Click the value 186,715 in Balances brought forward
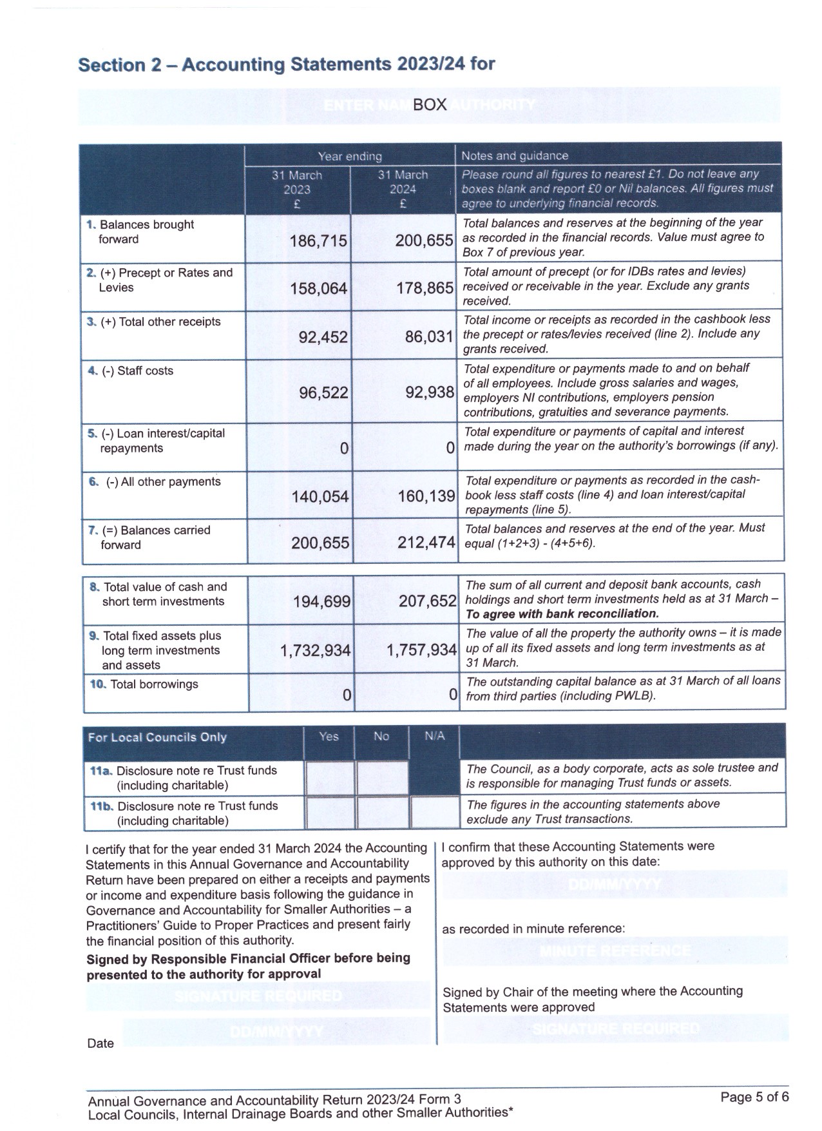point(318,241)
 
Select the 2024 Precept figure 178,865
point(425,288)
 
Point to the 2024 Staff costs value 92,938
point(430,392)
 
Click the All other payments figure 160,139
point(426,496)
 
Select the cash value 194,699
point(321,602)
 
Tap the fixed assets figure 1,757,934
point(421,650)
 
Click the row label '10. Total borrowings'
point(144,684)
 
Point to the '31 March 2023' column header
point(297,189)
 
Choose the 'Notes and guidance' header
point(515,156)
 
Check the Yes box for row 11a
point(329,778)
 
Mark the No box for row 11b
point(381,813)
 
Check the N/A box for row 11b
point(434,813)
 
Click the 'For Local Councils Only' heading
point(157,737)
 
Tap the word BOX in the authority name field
point(430,105)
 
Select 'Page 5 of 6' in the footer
point(754,1097)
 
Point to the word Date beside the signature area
point(100,1043)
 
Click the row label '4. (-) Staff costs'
point(131,371)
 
